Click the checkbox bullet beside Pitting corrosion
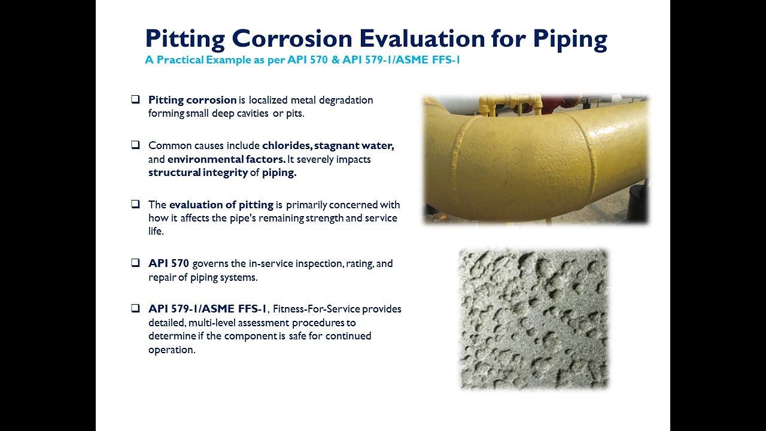coord(136,99)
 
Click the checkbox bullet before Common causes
coord(136,145)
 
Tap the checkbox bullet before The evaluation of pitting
coord(136,204)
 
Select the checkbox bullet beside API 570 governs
coord(136,263)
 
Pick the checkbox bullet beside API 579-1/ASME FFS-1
coord(136,308)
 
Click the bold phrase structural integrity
coord(197,173)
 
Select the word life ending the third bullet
coord(156,232)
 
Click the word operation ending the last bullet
coord(171,350)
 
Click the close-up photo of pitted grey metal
coord(533,318)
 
